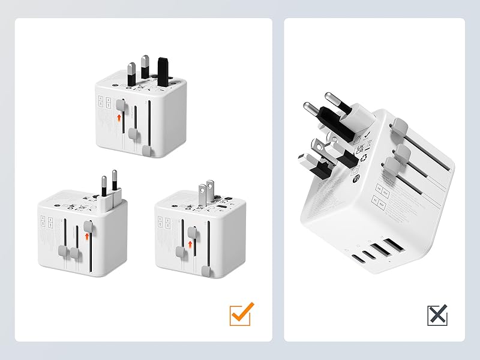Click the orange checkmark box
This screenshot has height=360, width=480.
point(241,313)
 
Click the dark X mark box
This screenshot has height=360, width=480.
point(438,314)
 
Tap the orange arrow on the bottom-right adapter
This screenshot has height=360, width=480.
point(190,243)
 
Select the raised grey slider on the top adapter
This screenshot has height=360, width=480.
point(122,106)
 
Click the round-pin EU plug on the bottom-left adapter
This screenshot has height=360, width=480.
point(108,190)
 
